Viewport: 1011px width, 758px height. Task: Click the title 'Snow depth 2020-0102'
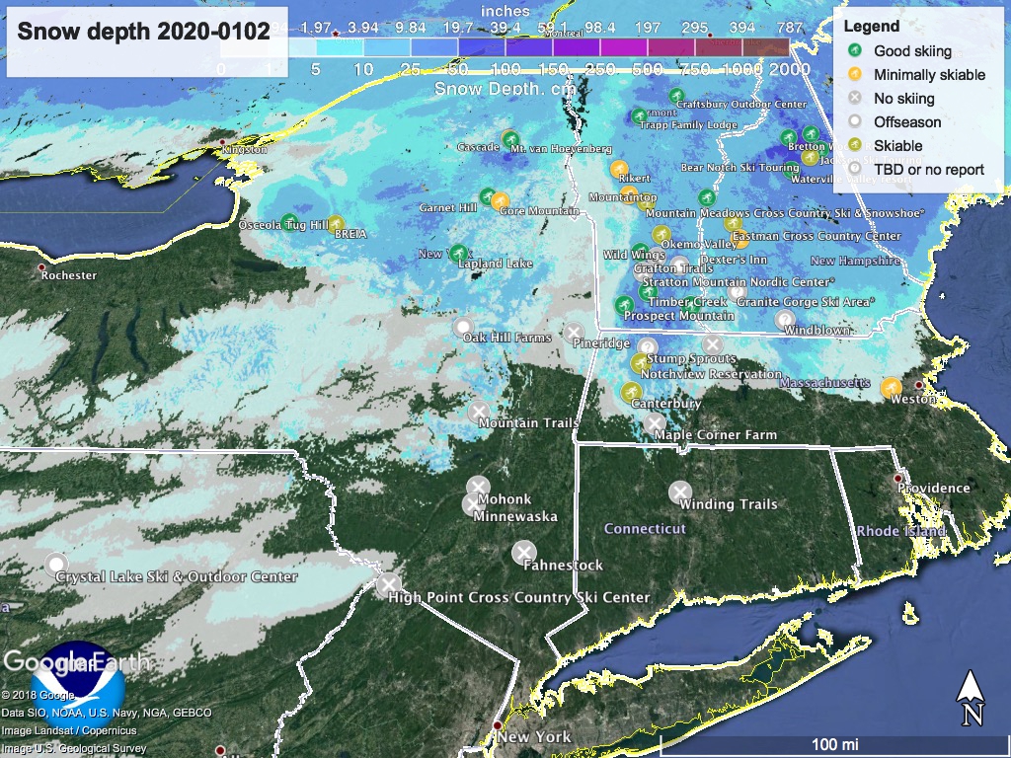144,31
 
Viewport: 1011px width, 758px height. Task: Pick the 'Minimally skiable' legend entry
929,74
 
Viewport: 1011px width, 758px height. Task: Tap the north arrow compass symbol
972,697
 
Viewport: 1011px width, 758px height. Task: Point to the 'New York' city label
534,737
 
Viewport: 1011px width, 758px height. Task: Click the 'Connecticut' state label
645,529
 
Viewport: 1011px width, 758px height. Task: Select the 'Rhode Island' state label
901,531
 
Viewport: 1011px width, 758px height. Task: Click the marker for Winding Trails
679,491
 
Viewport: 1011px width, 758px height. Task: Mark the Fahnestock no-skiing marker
524,552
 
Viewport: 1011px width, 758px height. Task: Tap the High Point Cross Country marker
389,584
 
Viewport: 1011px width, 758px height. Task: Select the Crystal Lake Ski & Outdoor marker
55,564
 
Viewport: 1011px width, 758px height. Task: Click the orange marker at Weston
890,387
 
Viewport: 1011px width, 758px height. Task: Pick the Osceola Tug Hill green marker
289,222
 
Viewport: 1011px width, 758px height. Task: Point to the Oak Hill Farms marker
462,327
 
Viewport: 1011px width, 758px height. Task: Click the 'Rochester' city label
68,275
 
